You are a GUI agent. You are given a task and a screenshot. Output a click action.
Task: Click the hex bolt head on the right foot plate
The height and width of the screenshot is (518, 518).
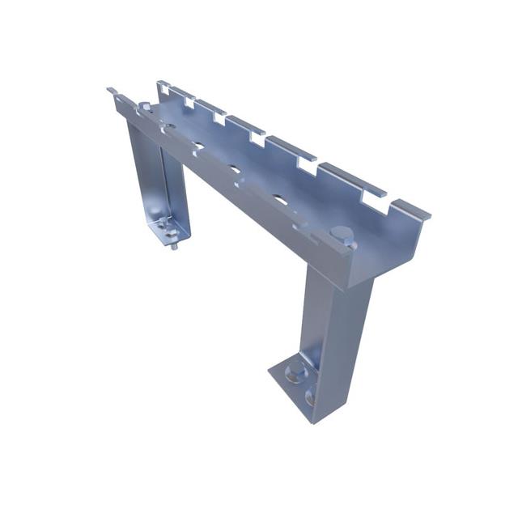click(x=296, y=372)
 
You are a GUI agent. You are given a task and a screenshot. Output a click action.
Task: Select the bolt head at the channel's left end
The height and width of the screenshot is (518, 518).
click(x=145, y=108)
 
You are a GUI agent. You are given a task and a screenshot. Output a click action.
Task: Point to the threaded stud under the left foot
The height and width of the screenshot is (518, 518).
click(x=173, y=243)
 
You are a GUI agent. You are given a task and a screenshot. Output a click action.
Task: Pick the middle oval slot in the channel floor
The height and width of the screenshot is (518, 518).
click(x=233, y=171)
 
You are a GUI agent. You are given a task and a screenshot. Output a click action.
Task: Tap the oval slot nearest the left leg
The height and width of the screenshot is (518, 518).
click(x=197, y=147)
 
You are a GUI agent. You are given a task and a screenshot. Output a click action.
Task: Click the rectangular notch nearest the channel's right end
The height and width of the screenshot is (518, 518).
click(x=375, y=195)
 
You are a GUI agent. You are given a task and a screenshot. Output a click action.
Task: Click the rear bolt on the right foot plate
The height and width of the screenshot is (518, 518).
click(x=311, y=397)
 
